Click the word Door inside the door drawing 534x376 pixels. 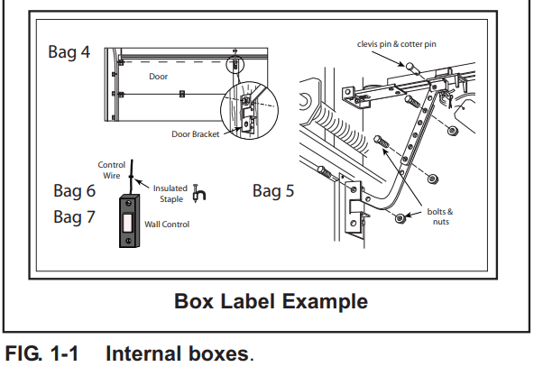159,77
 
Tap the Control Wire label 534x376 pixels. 112,170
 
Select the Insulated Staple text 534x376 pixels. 170,193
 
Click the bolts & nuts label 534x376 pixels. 439,216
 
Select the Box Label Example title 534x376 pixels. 271,301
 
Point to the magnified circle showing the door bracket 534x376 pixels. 244,115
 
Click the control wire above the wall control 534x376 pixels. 131,176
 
